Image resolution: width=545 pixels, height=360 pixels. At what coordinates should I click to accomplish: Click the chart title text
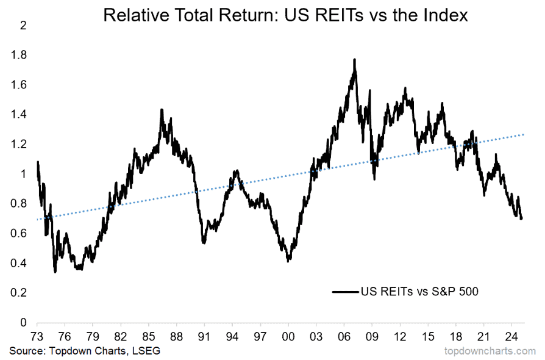click(x=285, y=15)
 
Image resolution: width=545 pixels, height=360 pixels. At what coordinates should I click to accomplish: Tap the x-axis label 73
click(x=37, y=336)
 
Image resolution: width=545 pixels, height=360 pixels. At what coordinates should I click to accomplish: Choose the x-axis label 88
click(x=176, y=336)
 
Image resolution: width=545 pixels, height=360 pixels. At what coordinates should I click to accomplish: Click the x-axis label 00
click(x=288, y=336)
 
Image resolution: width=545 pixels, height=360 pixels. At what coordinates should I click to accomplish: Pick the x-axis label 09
click(x=372, y=336)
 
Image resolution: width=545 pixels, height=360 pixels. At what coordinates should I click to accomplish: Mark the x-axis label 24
click(x=512, y=336)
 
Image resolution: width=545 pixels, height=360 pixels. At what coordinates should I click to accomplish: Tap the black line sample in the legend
click(x=345, y=292)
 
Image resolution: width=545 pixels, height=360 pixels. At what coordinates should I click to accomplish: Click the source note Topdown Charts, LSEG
click(x=85, y=351)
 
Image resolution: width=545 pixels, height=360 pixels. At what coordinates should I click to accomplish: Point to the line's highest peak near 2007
click(x=354, y=59)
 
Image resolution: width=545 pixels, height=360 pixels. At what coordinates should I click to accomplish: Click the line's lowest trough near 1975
click(x=55, y=272)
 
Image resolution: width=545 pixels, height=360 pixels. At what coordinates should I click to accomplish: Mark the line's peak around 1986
click(x=162, y=110)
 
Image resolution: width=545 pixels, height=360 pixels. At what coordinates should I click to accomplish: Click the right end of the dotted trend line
click(x=523, y=134)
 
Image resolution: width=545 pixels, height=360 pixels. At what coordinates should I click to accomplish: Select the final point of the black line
click(x=522, y=218)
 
